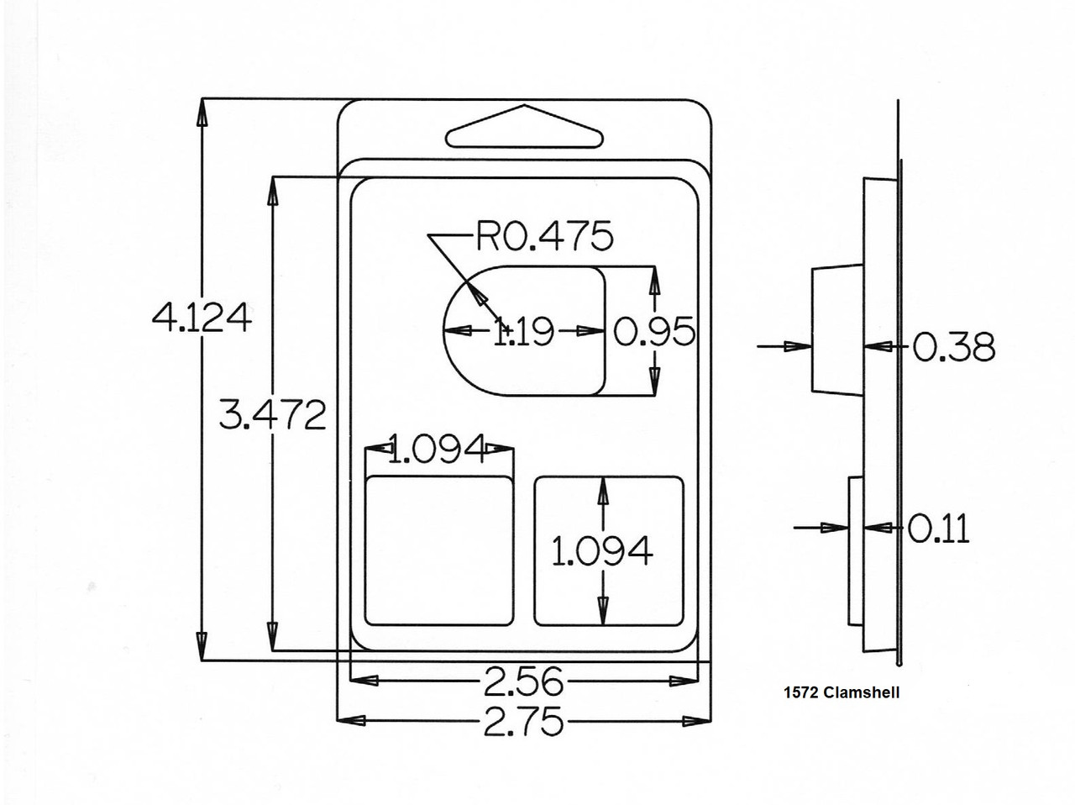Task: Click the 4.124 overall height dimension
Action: (x=202, y=318)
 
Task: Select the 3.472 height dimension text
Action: (x=272, y=414)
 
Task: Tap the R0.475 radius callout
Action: (x=545, y=237)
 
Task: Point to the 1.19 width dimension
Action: (x=523, y=332)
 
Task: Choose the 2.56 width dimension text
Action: (x=523, y=681)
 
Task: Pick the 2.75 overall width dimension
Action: (x=523, y=721)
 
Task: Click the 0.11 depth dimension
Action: (x=938, y=529)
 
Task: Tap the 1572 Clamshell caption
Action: (x=841, y=693)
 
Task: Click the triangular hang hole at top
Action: (x=526, y=130)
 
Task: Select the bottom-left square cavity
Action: (x=439, y=550)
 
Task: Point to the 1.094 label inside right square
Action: (x=602, y=551)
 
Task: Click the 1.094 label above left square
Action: (x=438, y=450)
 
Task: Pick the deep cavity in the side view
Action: (x=837, y=329)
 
